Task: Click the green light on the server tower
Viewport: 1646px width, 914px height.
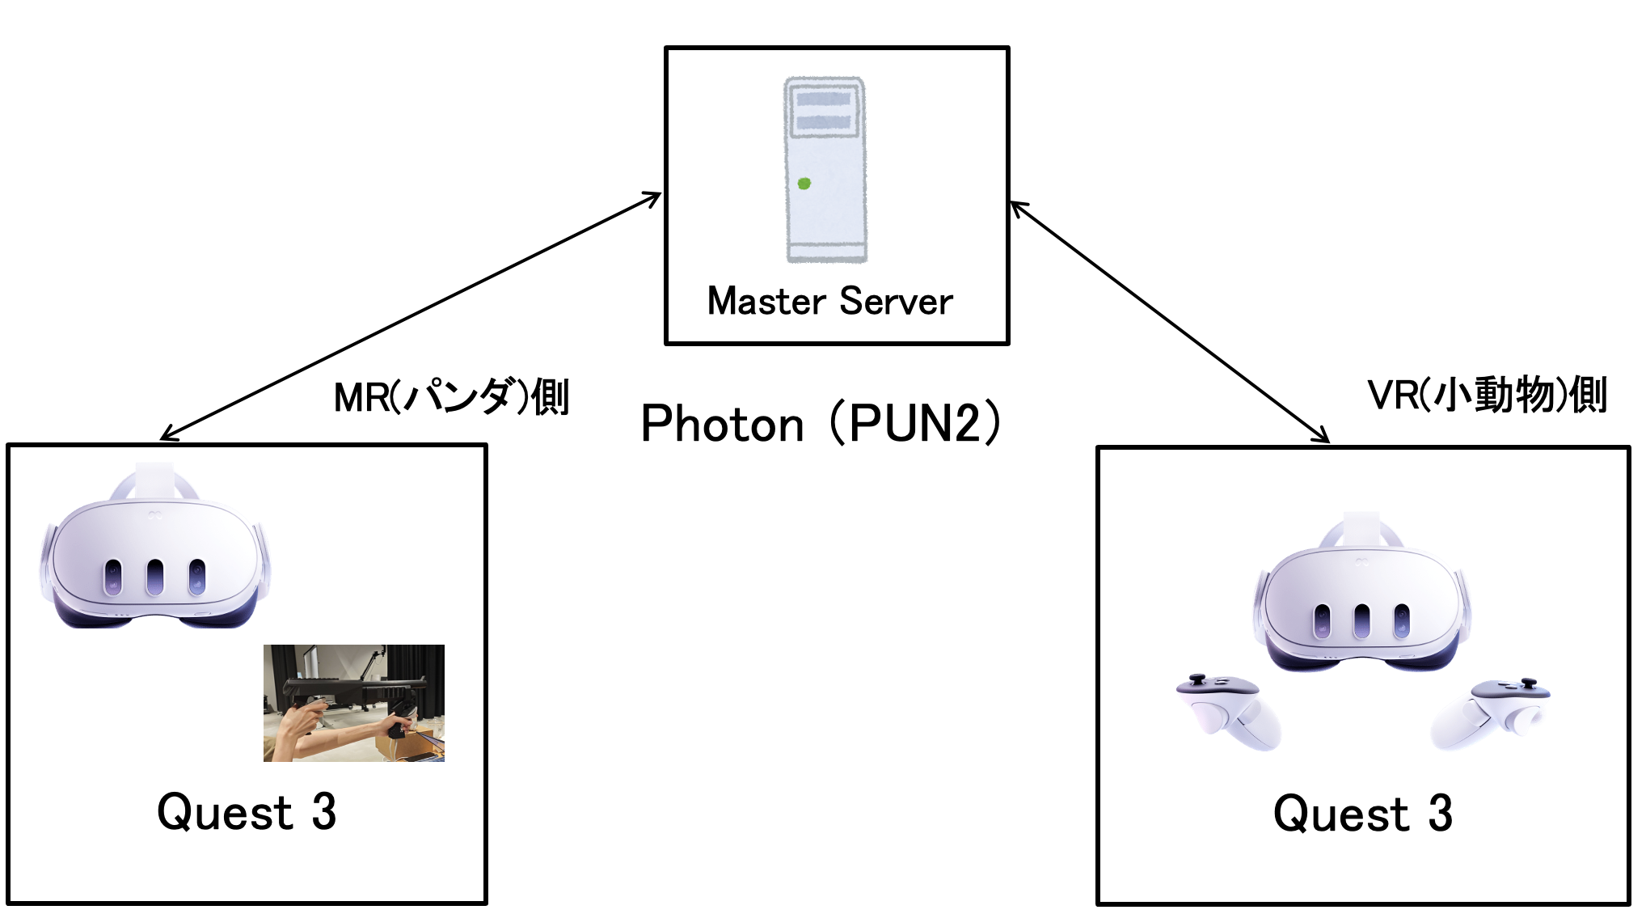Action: pos(804,184)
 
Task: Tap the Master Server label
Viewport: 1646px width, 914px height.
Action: pos(829,301)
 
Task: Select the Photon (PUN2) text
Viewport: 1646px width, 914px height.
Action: pos(820,423)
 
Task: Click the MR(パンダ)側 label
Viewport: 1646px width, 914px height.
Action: pos(451,397)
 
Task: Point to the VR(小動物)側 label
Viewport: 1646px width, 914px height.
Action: pos(1486,395)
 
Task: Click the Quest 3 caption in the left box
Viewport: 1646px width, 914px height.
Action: pos(247,811)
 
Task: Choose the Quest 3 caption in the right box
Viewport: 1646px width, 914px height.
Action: pos(1362,813)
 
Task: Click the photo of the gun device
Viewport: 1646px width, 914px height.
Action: pos(354,703)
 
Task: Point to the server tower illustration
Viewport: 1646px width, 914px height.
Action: pos(825,170)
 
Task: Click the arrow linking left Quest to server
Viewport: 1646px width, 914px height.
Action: pos(411,317)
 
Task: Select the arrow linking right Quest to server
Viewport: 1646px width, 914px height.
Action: pos(1170,322)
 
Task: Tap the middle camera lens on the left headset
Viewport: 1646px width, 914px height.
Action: pos(154,577)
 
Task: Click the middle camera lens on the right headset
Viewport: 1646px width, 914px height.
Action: pos(1362,620)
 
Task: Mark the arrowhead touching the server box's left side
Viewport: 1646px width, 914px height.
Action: pos(655,197)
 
